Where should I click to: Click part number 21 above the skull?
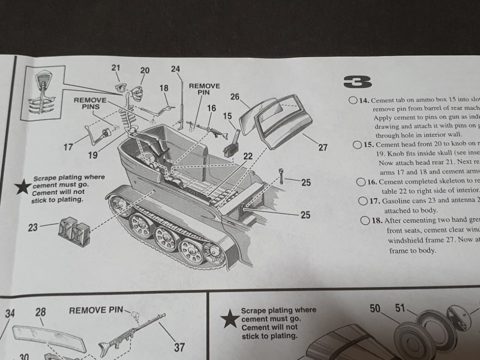coord(116,67)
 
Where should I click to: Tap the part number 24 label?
coord(176,69)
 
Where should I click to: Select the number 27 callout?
coord(323,148)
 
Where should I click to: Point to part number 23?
coord(33,227)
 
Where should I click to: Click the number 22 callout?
coord(248,156)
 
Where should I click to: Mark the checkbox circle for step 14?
coord(352,101)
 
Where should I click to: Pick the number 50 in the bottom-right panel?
coord(375,308)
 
